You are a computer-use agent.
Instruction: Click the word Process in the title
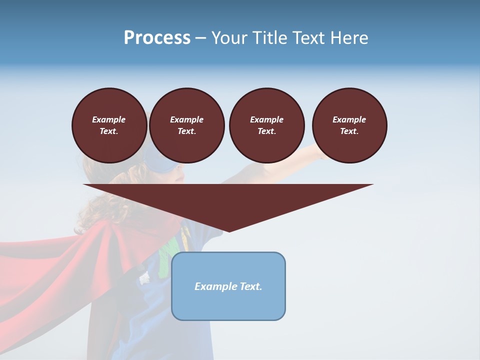point(157,38)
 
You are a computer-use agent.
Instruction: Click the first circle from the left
point(109,125)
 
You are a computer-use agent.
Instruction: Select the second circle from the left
point(187,125)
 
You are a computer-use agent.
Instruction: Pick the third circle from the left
point(267,125)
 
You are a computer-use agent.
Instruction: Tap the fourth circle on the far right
point(349,125)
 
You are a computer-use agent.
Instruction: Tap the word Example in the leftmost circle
point(109,119)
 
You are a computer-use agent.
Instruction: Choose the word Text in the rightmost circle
point(349,131)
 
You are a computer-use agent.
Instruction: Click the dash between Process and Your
point(200,38)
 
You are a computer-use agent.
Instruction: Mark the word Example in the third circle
point(267,119)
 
